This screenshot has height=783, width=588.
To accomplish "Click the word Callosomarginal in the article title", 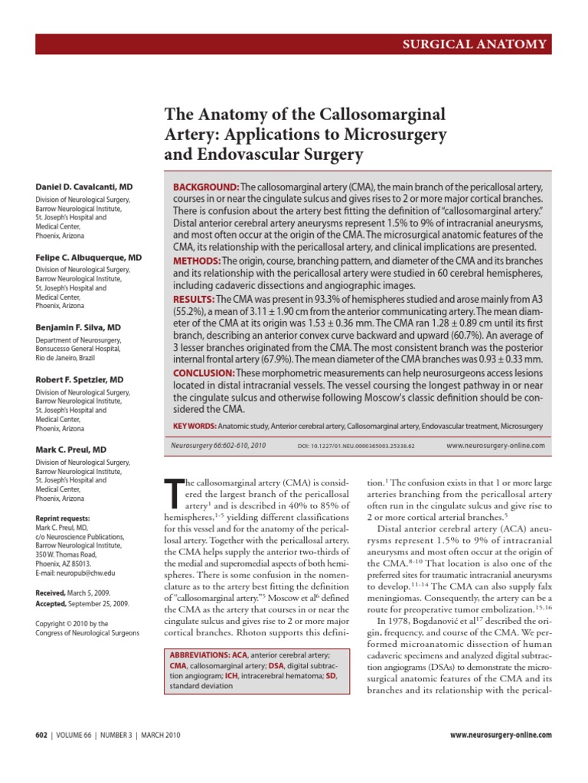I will point(375,115).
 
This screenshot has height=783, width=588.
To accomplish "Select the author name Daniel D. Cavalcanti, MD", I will point(83,186).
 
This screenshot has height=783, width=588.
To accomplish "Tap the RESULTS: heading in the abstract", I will point(194,298).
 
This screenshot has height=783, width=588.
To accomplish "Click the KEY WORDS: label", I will point(194,425).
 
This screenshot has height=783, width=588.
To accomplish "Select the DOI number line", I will point(356,446).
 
